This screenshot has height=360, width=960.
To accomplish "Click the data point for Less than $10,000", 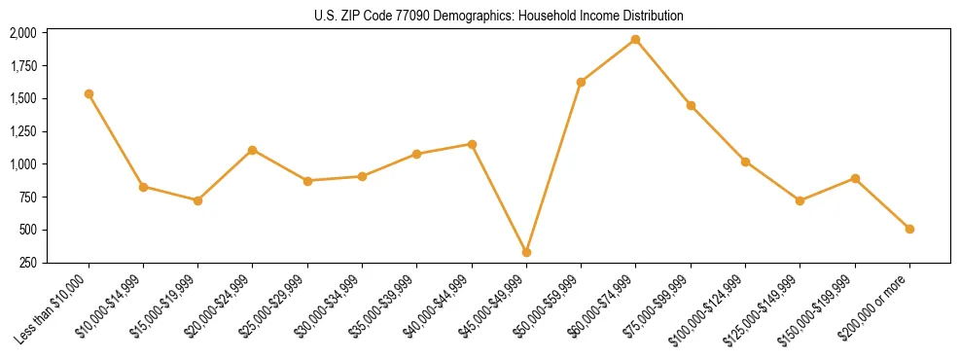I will coord(89,93).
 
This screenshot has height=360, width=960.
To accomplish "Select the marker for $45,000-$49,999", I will coord(526,252).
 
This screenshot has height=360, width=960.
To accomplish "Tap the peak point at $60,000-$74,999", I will coord(635,39).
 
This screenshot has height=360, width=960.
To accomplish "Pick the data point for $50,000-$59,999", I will coord(581,82).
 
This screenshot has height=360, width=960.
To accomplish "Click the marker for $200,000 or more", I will coord(909,229).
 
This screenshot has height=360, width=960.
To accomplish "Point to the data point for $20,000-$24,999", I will coord(252,150).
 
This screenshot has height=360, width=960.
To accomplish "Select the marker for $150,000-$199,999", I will coord(855,178).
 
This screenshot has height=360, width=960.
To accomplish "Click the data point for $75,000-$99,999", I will coord(691,105).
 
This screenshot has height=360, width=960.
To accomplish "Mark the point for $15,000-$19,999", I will coord(197,200).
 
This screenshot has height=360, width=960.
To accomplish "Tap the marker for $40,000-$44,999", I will coord(472,144).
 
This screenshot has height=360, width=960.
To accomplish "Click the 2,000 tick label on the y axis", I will coord(22,33).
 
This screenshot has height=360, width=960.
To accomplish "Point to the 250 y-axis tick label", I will coord(27,263).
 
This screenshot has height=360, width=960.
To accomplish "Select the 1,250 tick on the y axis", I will coord(22,131).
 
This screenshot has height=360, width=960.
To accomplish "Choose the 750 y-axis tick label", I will coord(27,198).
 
